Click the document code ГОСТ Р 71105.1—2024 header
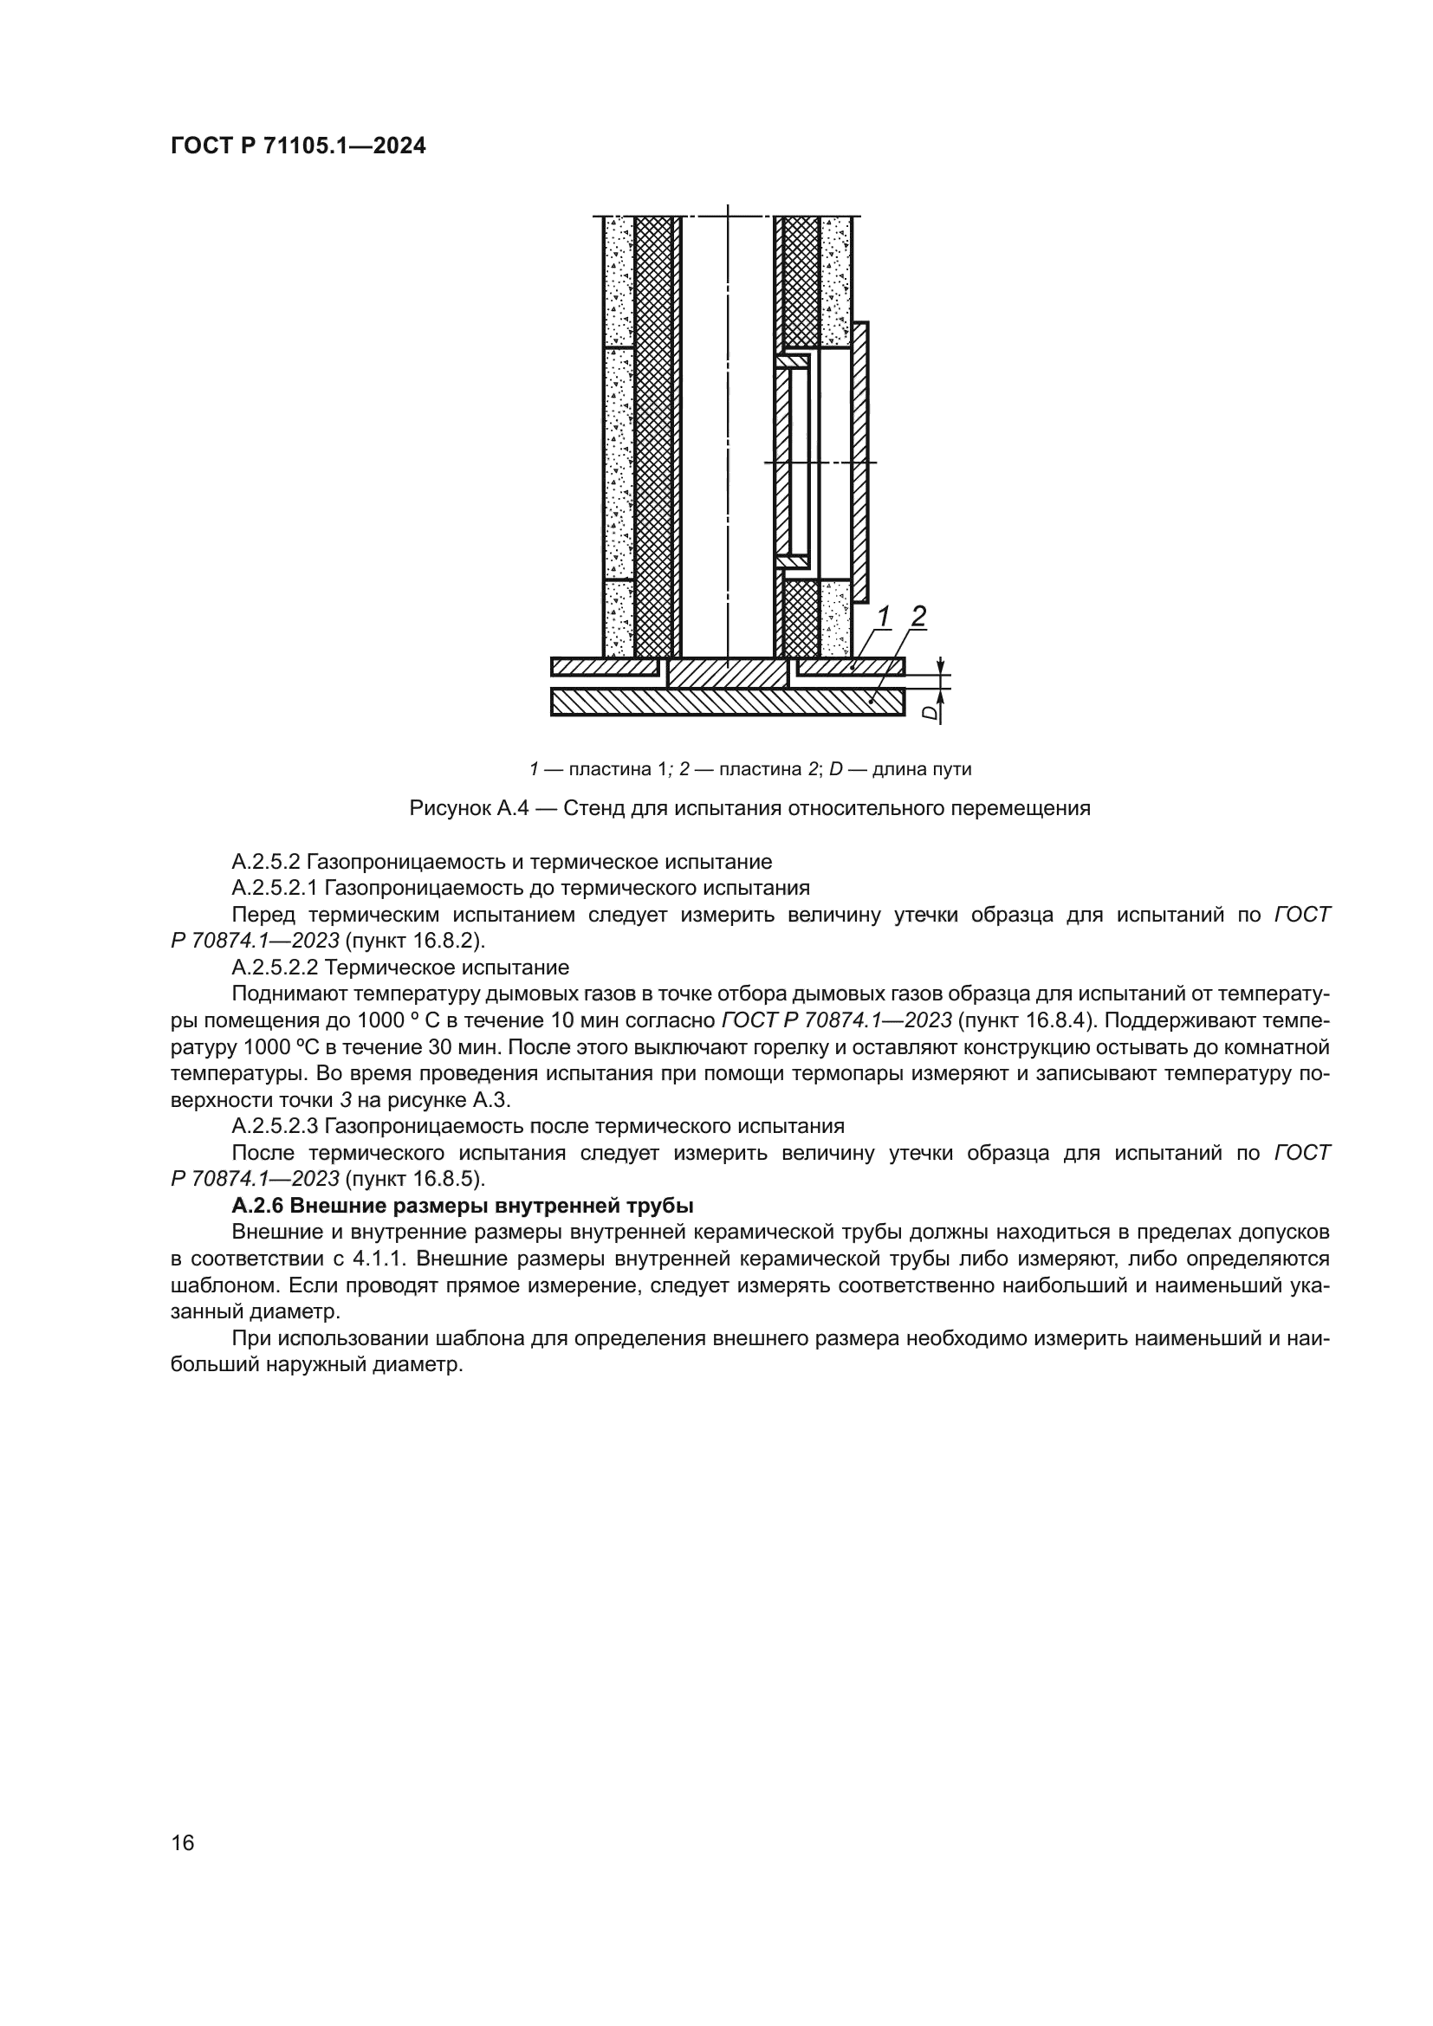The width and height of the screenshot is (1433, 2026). click(297, 146)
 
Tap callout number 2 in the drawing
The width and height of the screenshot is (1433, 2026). click(918, 617)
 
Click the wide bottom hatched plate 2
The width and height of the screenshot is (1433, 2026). click(727, 702)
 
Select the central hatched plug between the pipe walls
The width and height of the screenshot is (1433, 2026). click(727, 672)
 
